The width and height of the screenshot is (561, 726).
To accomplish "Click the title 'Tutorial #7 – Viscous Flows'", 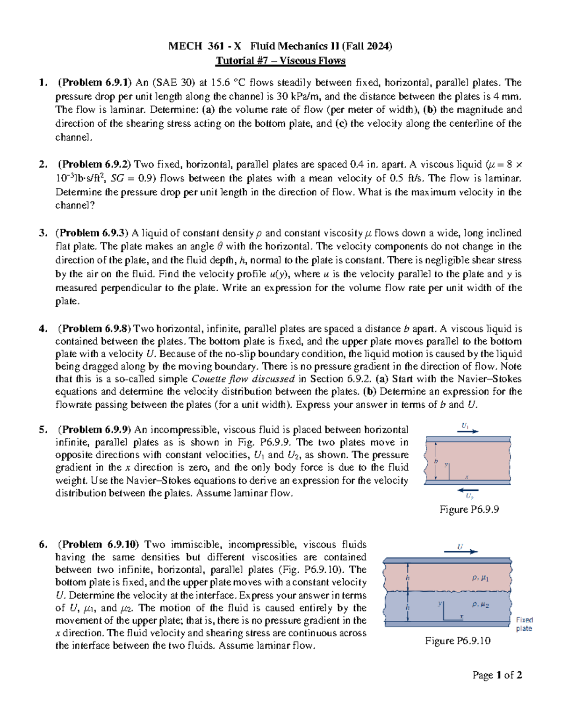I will [x=280, y=61].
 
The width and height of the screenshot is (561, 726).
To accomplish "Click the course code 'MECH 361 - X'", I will [x=205, y=46].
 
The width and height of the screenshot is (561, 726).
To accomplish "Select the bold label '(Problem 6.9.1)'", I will [x=95, y=83].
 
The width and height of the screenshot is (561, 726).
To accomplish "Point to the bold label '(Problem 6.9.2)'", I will [x=95, y=165].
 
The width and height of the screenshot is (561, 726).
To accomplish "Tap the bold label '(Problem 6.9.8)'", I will [x=95, y=329].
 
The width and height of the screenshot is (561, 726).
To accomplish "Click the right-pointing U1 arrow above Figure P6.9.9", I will [x=467, y=431].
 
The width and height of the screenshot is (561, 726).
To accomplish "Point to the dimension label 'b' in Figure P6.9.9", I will [x=436, y=461].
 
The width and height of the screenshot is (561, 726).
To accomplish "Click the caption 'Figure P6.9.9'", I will [x=469, y=509].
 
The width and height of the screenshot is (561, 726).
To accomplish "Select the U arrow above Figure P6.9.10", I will [x=460, y=551].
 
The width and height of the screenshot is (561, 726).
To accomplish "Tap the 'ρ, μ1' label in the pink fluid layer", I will [x=480, y=578].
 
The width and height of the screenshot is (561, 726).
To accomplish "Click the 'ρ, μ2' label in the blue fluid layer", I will [x=480, y=604].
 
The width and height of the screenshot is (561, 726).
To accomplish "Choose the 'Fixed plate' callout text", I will [x=524, y=624].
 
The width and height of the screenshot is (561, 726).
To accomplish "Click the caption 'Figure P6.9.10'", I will [x=458, y=640].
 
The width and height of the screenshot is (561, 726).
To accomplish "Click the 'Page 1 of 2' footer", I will [x=497, y=675].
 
